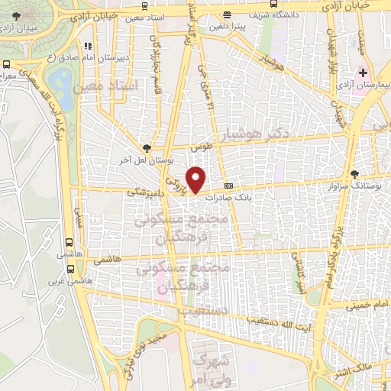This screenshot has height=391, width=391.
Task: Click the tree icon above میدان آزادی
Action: pyautogui.click(x=17, y=15)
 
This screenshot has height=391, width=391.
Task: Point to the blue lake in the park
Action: pyautogui.click(x=57, y=79)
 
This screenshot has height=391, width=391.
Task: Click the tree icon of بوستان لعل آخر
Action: pyautogui.click(x=147, y=150)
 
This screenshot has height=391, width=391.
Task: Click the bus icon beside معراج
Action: pyautogui.click(x=7, y=66)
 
